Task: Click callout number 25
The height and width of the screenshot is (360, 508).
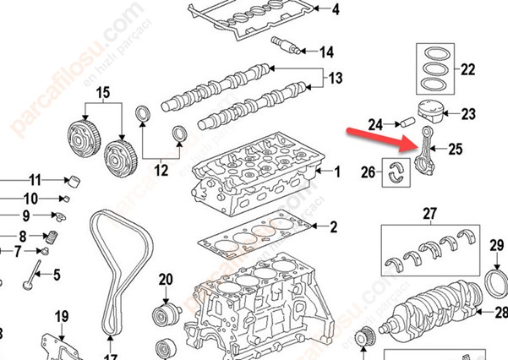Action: pos(456,150)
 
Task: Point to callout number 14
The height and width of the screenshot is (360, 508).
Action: pos(326,52)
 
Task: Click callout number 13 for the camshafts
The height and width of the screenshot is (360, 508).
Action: pos(336,79)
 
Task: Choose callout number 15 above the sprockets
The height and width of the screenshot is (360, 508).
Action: pos(103,91)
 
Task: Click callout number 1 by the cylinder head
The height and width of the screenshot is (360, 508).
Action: pos(337,172)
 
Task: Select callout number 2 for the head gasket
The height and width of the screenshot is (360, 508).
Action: pos(333,226)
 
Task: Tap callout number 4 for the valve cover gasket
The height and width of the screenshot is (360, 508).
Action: pos(335,10)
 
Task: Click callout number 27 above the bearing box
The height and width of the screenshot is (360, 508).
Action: pos(429,213)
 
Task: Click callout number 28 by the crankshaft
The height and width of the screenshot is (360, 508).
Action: pos(500,312)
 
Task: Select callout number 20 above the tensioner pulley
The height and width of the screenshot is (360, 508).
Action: pos(165,279)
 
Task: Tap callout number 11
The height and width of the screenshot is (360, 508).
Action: pos(35,179)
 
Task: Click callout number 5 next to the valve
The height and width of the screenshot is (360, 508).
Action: pos(57,274)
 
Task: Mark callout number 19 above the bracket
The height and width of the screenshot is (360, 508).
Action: pos(61,317)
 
